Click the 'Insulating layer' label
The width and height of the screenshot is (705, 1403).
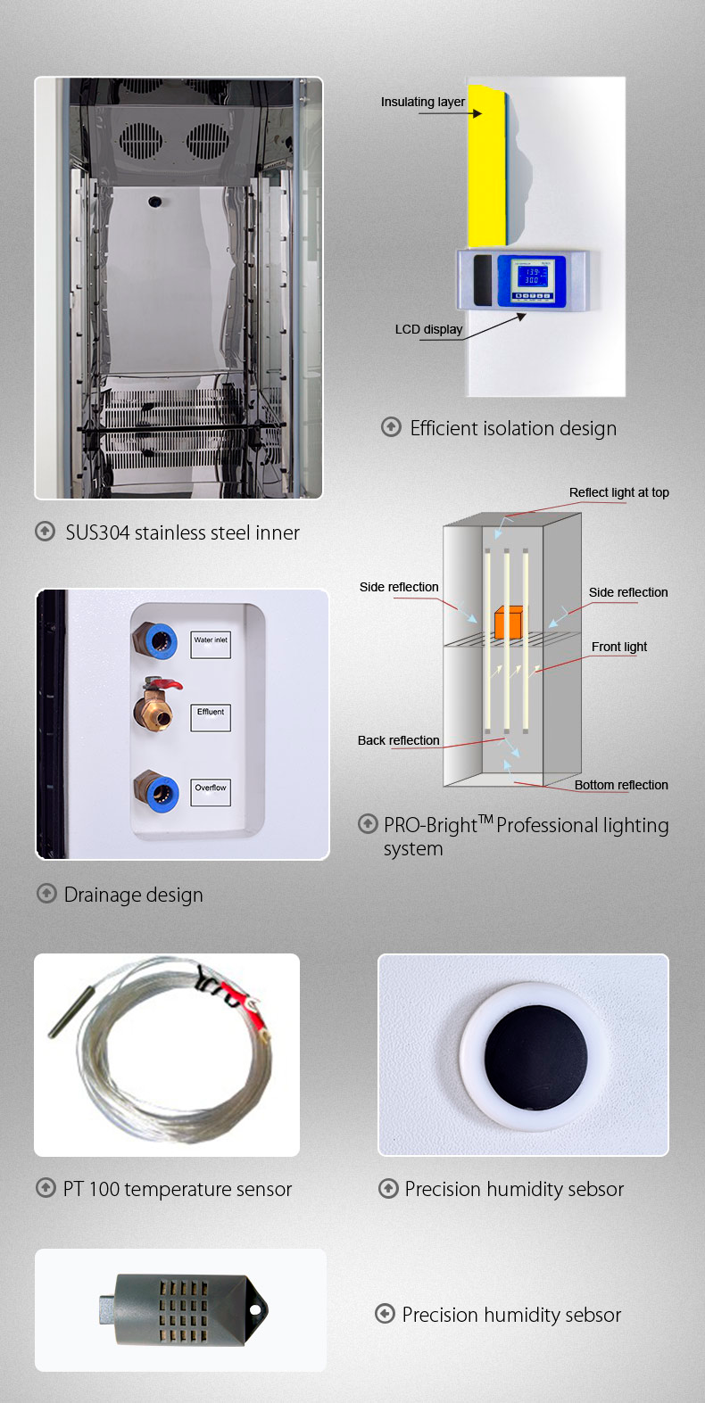pyautogui.click(x=423, y=102)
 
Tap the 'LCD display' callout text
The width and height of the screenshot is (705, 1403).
pyautogui.click(x=428, y=329)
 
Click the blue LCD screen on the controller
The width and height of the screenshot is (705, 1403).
pyautogui.click(x=531, y=275)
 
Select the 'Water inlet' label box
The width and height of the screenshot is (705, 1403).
pyautogui.click(x=211, y=645)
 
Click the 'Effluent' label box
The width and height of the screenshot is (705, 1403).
pyautogui.click(x=211, y=718)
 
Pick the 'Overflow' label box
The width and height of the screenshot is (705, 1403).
pyautogui.click(x=211, y=792)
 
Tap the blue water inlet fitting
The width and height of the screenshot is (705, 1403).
pyautogui.click(x=161, y=640)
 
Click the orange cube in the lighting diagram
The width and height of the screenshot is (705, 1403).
pyautogui.click(x=509, y=622)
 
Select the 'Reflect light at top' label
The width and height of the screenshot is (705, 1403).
pyautogui.click(x=619, y=493)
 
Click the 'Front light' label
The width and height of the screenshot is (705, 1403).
pyautogui.click(x=619, y=647)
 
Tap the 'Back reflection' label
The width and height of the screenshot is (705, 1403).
pyautogui.click(x=399, y=740)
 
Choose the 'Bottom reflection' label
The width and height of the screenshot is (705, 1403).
pyautogui.click(x=621, y=785)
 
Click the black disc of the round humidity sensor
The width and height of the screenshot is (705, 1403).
pyautogui.click(x=535, y=1057)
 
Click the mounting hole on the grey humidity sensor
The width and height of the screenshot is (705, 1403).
pyautogui.click(x=256, y=1309)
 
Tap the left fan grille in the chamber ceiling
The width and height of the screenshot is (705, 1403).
pyautogui.click(x=140, y=139)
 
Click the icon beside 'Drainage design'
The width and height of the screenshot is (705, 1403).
pyautogui.click(x=46, y=894)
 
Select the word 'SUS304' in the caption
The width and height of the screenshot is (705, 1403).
pyautogui.click(x=98, y=533)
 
